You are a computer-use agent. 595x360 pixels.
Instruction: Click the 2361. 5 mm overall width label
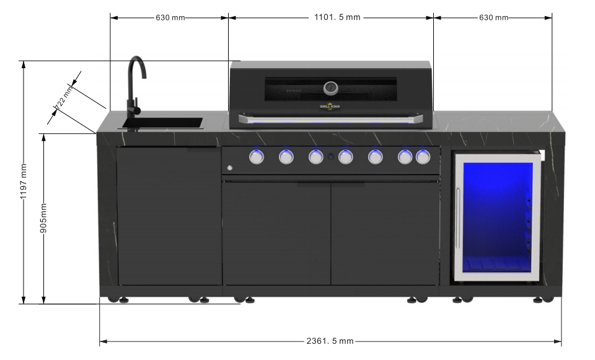330,341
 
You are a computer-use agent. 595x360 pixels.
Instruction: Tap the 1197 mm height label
24,181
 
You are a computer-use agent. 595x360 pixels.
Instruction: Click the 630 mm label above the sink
170,17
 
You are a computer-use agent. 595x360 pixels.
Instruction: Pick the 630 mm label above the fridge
493,17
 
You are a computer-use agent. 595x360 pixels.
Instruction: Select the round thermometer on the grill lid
331,87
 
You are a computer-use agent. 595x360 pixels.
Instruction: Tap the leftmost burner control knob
256,157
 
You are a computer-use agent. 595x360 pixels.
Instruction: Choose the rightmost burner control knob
423,157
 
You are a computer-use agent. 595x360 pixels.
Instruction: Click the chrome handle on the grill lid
331,118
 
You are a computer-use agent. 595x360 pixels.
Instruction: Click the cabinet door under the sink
169,217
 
